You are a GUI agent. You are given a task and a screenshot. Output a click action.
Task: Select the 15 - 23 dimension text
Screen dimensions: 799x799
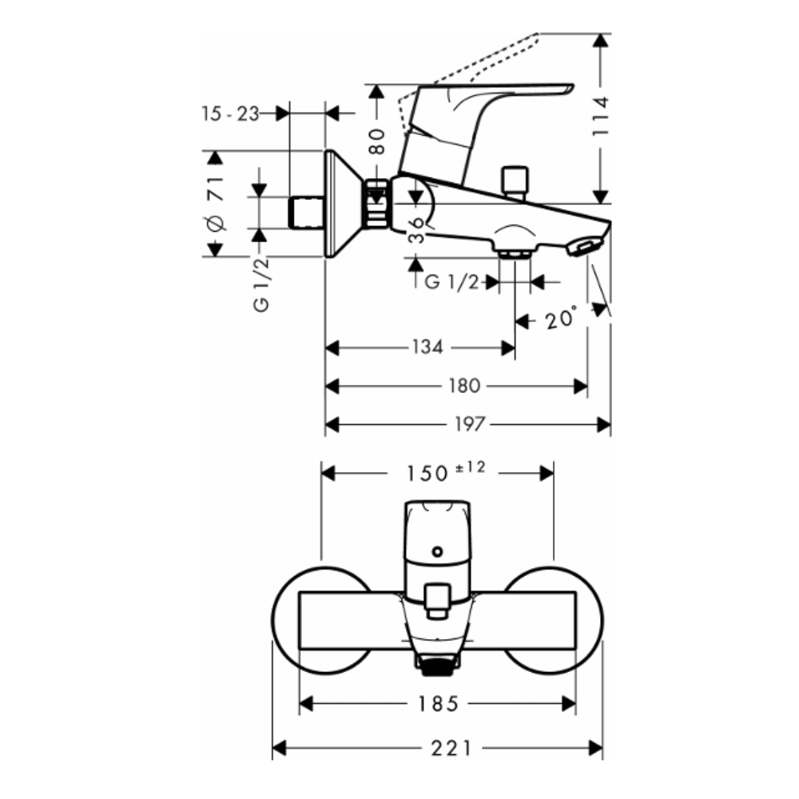230,114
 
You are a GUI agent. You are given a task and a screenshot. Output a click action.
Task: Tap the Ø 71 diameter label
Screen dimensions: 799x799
214,203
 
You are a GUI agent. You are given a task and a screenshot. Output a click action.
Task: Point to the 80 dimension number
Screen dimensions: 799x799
378,141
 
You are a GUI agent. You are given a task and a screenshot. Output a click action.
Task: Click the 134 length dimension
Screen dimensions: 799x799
427,348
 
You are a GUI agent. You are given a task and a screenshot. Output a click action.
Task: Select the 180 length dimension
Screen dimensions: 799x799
464,386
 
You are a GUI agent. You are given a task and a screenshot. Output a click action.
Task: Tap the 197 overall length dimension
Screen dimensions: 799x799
469,424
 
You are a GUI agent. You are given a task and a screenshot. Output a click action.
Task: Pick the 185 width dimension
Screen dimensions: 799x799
439,703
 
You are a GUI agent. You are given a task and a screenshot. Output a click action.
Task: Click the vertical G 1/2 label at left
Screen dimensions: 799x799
261,283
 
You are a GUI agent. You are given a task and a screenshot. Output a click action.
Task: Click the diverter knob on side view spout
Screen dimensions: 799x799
515,181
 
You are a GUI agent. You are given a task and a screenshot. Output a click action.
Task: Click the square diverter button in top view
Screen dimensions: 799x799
437,599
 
